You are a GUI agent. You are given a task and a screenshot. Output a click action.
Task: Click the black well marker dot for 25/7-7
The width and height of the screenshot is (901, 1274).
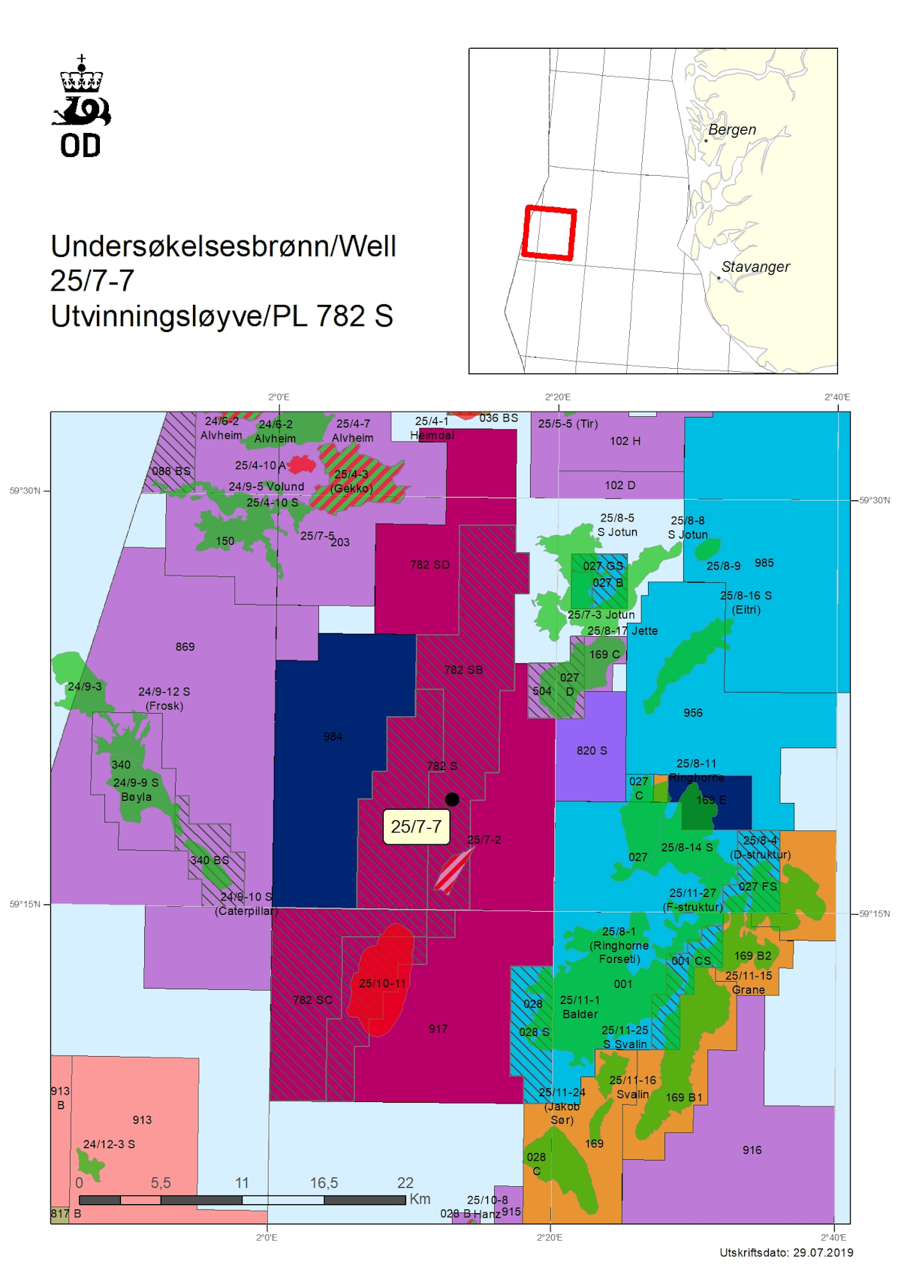(452, 799)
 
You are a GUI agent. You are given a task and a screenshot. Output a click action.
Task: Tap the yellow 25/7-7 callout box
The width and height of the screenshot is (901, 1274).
(416, 827)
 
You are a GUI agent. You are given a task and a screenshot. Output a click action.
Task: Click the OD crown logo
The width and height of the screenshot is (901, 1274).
(81, 106)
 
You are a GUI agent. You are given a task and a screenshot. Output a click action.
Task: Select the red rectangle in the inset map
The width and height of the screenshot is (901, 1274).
(550, 233)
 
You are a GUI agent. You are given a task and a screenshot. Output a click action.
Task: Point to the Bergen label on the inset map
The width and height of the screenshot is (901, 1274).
(732, 130)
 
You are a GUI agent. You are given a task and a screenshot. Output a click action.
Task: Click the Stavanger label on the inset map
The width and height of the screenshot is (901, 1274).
(755, 267)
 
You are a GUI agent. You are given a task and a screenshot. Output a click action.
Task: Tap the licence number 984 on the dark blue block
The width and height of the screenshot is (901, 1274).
(333, 737)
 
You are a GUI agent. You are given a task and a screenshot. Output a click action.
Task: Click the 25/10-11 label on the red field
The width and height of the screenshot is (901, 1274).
(382, 983)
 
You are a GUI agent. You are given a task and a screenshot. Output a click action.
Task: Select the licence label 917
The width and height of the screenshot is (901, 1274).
(438, 1029)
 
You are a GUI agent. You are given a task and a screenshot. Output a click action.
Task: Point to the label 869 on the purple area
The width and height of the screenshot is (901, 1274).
(185, 647)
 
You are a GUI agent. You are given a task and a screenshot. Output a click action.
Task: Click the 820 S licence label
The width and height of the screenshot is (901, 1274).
(592, 750)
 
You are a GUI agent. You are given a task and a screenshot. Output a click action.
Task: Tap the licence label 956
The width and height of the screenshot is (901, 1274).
(693, 713)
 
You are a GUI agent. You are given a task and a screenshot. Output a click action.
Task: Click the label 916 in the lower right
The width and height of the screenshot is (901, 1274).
(752, 1150)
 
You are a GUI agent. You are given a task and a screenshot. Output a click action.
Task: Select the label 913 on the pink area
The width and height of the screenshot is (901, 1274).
(142, 1120)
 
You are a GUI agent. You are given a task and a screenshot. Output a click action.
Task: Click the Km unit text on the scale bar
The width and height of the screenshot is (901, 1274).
(420, 1199)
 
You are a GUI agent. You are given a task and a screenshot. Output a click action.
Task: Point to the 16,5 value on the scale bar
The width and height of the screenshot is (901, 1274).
(324, 1183)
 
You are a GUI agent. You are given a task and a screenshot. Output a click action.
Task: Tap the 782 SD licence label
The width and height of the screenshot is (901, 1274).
(430, 565)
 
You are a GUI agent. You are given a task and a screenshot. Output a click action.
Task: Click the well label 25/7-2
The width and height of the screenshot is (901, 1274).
(484, 840)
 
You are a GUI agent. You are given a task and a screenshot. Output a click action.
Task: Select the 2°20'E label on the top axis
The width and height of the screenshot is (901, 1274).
(558, 397)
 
